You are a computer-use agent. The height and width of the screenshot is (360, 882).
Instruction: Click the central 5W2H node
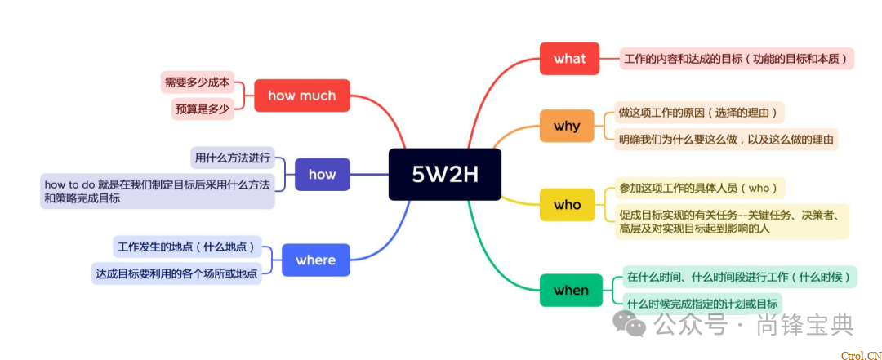click(444, 174)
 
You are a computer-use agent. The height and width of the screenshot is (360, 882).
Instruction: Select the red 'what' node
click(569, 59)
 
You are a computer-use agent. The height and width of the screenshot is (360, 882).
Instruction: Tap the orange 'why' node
click(566, 126)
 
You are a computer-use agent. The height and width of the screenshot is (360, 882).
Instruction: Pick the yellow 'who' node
click(567, 204)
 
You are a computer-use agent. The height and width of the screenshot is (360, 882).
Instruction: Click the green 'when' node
click(570, 290)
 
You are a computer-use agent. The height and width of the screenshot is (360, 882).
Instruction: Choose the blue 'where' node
click(315, 260)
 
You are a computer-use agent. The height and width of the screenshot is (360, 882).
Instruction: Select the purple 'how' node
click(322, 174)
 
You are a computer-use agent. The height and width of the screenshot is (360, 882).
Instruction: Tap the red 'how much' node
click(301, 96)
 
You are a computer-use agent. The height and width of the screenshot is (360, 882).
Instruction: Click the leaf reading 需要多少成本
click(197, 82)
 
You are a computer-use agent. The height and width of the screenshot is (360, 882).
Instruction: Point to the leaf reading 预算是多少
click(202, 109)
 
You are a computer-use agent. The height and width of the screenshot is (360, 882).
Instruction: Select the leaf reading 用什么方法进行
click(232, 157)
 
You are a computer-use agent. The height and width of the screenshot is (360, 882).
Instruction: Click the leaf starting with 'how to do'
click(157, 191)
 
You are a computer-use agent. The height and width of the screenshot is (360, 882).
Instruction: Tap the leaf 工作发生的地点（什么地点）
click(185, 246)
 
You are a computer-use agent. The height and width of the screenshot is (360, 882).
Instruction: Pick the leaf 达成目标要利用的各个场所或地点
click(176, 273)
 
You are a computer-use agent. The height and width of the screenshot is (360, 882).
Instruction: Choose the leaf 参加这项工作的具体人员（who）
click(699, 188)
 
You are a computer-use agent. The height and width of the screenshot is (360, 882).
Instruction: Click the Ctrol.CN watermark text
click(859, 354)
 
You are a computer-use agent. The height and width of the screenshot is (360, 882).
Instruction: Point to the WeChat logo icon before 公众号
click(630, 326)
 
